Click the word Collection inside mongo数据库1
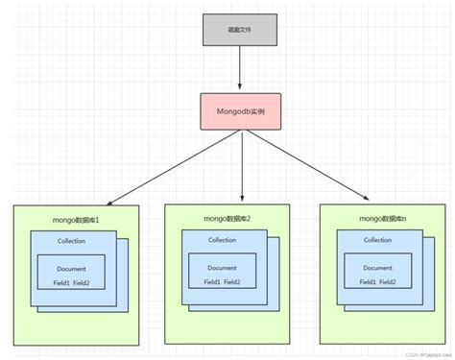71,241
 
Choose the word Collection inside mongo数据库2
222,240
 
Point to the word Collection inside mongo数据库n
376,240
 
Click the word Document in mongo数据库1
71,269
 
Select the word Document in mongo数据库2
222,268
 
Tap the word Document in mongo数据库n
376,268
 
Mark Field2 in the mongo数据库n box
389,282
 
